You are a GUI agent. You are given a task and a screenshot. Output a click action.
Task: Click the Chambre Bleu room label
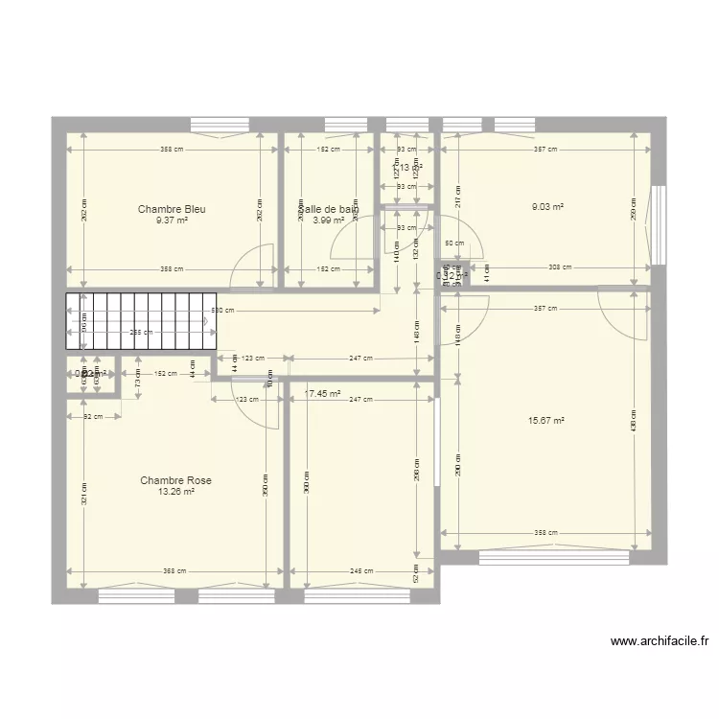click(172, 209)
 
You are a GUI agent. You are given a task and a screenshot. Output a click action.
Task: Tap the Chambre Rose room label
click(175, 480)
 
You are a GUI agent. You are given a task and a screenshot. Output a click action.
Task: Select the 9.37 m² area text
click(172, 220)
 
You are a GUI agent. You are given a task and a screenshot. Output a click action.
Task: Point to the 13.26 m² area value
click(175, 492)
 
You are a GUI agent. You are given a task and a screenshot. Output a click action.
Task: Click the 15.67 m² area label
click(545, 420)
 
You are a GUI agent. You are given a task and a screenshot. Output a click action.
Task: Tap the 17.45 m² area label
click(323, 393)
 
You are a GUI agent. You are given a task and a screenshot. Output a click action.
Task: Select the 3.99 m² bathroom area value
click(328, 220)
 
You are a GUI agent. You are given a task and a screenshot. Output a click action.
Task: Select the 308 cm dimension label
click(560, 267)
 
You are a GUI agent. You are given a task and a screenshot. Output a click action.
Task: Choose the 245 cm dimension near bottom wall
click(360, 571)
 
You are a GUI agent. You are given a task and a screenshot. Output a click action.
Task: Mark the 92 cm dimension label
click(93, 416)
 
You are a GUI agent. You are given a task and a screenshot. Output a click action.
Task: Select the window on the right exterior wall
click(658, 223)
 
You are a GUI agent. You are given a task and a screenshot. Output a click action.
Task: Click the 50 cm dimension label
click(453, 244)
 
